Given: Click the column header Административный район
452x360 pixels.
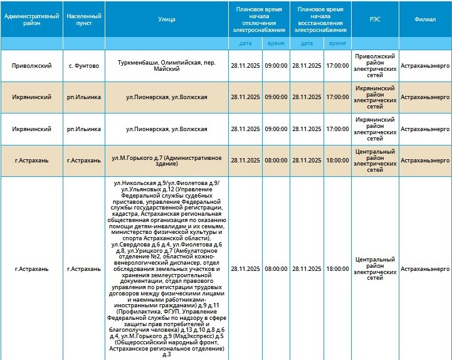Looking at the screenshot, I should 32,19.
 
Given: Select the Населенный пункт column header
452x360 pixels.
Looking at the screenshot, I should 83,19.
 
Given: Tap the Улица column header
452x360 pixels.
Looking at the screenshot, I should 167,19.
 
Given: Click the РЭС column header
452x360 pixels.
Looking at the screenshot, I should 374,19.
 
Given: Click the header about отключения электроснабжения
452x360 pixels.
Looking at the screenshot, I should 259,19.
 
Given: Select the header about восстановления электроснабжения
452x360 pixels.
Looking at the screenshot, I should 320,19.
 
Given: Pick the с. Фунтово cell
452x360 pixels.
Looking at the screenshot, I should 83,65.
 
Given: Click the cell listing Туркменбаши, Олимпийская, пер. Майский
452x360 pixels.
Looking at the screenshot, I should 167,65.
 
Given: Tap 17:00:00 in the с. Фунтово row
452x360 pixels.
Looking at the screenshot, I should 337,65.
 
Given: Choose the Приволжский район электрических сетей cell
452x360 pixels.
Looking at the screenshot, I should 374,65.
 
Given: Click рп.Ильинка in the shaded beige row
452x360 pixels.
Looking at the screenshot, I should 83,97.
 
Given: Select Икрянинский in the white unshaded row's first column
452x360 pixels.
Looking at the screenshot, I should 32,129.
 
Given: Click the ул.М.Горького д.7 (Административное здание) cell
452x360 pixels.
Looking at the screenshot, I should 167,161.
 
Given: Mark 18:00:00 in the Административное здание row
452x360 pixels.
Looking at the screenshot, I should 337,161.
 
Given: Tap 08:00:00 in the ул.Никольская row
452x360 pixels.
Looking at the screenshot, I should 276,268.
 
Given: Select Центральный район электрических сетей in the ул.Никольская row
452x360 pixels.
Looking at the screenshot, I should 374,268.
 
